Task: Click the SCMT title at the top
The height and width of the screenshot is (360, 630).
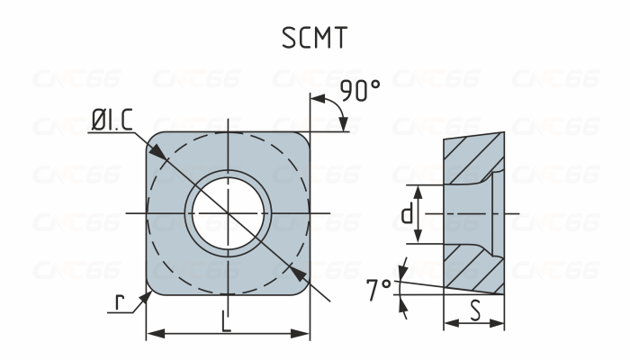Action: point(315,37)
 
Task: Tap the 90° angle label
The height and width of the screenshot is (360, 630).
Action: point(360,91)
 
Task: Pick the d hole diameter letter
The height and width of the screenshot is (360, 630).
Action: point(407,214)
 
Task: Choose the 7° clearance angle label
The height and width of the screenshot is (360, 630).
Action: point(379,289)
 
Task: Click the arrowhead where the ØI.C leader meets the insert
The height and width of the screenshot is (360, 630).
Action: point(158,156)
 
